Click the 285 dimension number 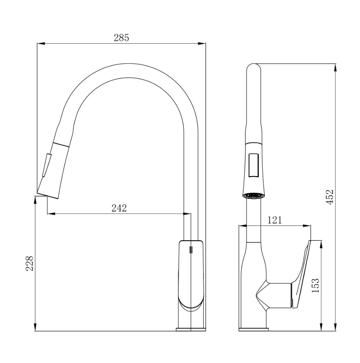[x=121, y=38]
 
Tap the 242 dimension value [x=119, y=208]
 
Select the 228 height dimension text [x=30, y=263]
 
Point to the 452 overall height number [x=330, y=197]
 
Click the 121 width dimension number [x=275, y=220]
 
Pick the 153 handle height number [x=315, y=285]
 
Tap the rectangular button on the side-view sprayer [x=254, y=166]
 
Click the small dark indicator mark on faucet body [x=191, y=250]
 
